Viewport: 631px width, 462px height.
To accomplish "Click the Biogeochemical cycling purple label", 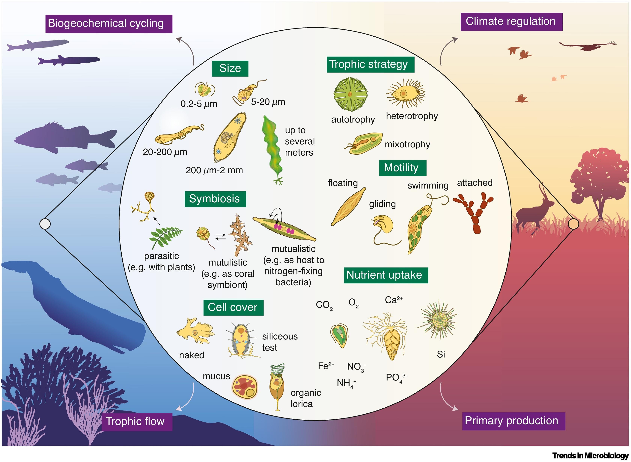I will pyautogui.click(x=109, y=23).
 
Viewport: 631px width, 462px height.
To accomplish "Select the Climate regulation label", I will pyautogui.click(x=511, y=22).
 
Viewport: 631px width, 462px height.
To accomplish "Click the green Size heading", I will pyautogui.click(x=230, y=68).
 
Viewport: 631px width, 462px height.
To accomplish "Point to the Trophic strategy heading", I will pyautogui.click(x=370, y=64).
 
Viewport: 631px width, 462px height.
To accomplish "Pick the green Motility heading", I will pyautogui.click(x=402, y=168).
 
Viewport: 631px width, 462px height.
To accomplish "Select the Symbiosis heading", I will pyautogui.click(x=215, y=199).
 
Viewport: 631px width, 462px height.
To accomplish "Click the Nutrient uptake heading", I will pyautogui.click(x=385, y=275).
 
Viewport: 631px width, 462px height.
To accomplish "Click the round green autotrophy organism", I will pyautogui.click(x=351, y=93).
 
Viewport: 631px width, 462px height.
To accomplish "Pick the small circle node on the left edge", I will pyautogui.click(x=45, y=224).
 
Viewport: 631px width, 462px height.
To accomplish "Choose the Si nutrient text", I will pyautogui.click(x=441, y=355).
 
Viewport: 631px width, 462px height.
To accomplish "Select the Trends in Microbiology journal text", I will pyautogui.click(x=590, y=456).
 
